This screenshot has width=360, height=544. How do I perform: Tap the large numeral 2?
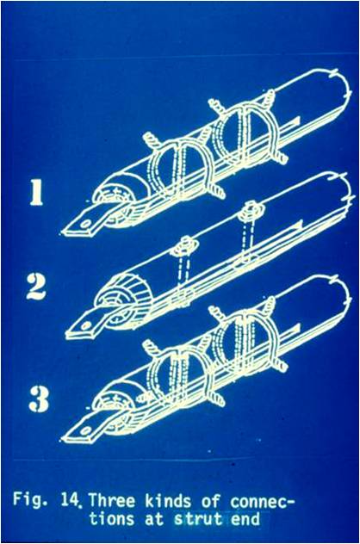point(36,287)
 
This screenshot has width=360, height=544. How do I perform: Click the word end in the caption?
point(245,520)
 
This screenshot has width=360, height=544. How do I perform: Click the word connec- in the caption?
point(260,501)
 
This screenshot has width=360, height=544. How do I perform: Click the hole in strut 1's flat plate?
point(84,224)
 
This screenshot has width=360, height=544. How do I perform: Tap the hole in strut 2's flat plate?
point(85,326)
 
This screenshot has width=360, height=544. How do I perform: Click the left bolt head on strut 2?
point(186,245)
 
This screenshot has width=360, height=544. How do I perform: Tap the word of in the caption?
point(210,501)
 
